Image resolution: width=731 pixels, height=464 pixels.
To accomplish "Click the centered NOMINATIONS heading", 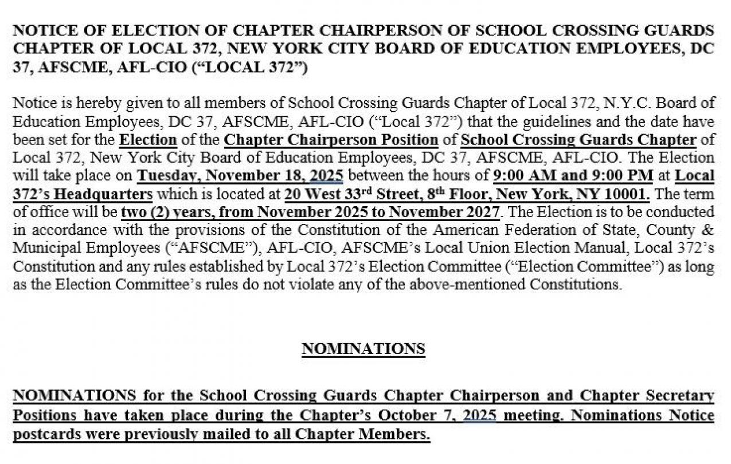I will pos(363,349).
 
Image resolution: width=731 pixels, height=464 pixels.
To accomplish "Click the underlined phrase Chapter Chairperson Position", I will pos(331,139).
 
